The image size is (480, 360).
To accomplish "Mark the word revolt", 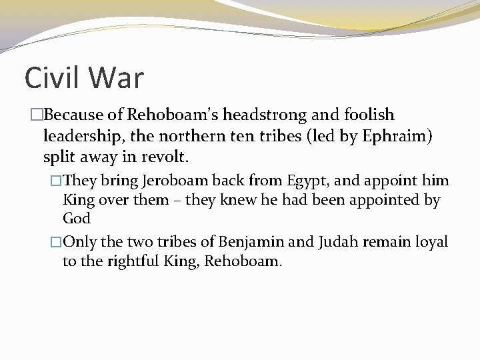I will (x=169, y=158).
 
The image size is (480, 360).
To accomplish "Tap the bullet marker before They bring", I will (x=56, y=181).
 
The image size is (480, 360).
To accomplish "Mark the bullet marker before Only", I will (x=56, y=242).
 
